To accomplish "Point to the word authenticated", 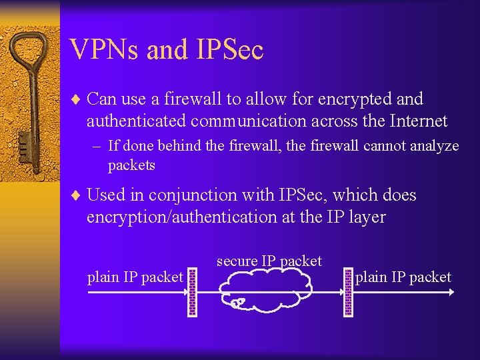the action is click(136, 121).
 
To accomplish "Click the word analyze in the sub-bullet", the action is click(435, 146).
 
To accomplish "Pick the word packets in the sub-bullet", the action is click(131, 165).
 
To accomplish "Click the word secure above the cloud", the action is click(237, 261).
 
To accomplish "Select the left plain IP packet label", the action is click(135, 277).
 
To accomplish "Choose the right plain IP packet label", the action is click(403, 277).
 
